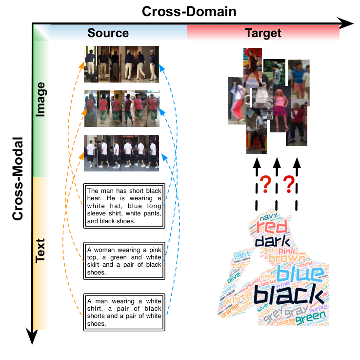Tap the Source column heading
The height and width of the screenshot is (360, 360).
[x=108, y=33]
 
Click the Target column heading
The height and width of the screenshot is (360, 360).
[x=263, y=33]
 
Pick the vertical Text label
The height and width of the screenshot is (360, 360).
[x=40, y=250]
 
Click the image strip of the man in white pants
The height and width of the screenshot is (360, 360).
[x=121, y=64]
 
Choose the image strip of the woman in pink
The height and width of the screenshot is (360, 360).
[x=121, y=108]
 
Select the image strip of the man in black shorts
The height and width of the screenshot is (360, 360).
[x=121, y=153]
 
